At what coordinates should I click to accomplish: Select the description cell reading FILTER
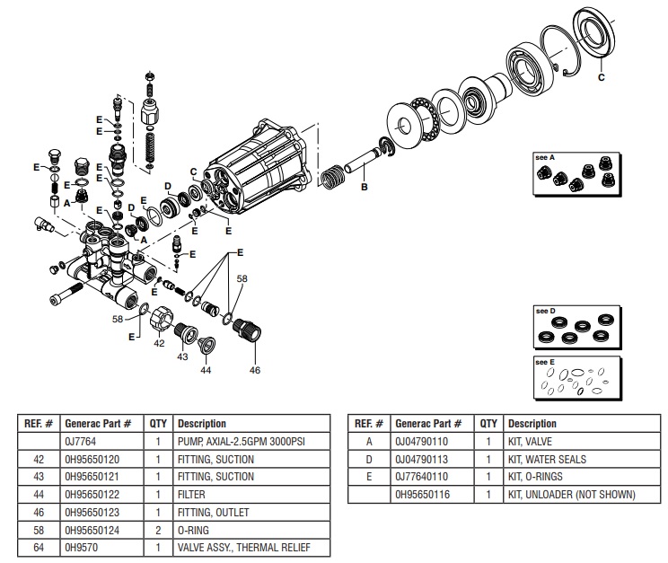coord(192,495)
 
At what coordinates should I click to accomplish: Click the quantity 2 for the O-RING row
coord(158,530)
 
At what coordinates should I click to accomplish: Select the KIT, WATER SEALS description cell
coord(546,460)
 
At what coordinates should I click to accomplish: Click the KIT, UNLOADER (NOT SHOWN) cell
coord(571,495)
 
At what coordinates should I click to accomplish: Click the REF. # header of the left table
coord(38,424)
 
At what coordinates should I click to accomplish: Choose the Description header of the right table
coord(532,424)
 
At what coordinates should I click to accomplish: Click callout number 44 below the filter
coord(205,370)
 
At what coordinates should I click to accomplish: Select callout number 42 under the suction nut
coord(159,343)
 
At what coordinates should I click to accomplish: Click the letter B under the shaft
coord(364,188)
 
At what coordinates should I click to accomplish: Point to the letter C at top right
coord(602,77)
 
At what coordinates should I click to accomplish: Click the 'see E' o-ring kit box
coord(575,378)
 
